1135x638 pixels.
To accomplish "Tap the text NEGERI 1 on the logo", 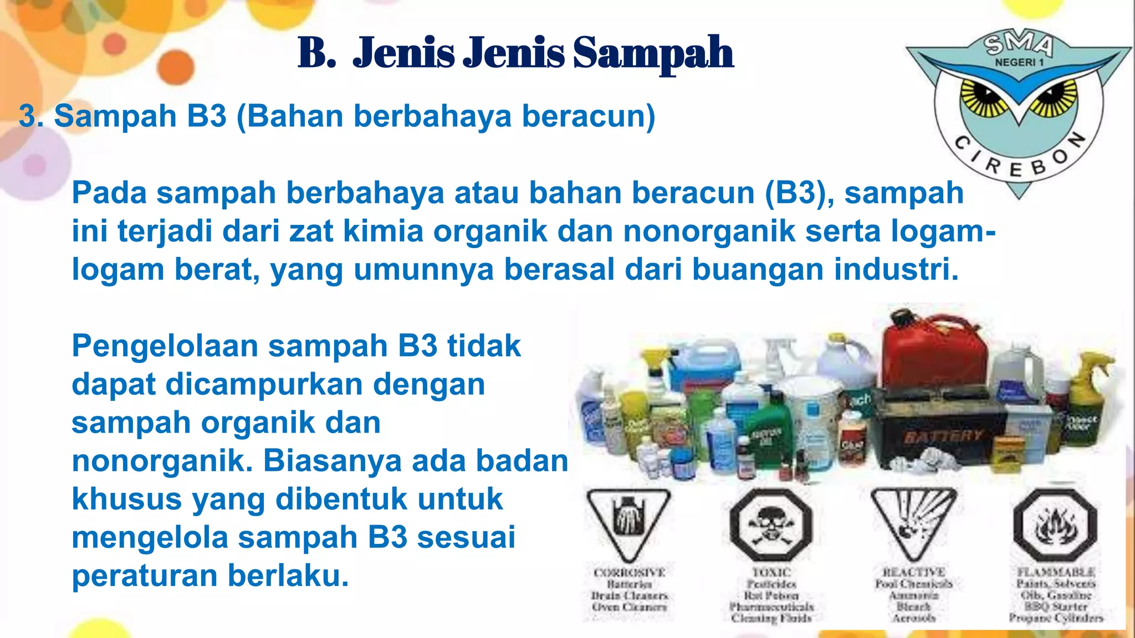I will [1019, 63].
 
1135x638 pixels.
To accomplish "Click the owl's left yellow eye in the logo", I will [984, 97].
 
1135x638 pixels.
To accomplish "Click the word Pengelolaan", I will [165, 346].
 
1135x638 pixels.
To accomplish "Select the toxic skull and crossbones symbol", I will [771, 524].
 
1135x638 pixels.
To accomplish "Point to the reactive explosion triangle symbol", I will [913, 521].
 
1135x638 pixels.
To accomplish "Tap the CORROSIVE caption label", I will [629, 572].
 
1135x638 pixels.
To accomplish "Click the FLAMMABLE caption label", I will [1056, 572].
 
